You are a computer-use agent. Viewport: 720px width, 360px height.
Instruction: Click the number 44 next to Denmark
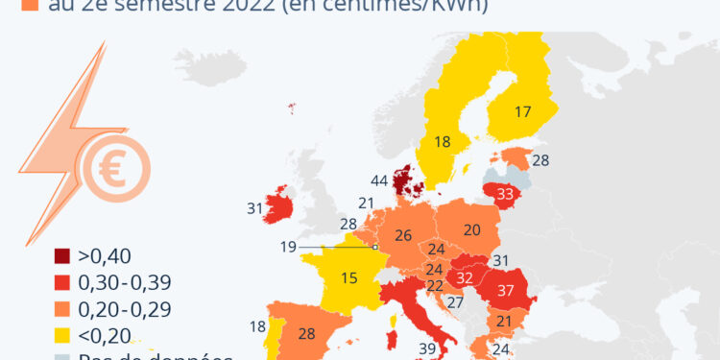pos(378,180)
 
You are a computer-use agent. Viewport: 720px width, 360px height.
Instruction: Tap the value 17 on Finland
pos(522,111)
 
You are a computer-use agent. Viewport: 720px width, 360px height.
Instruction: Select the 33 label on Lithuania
pos(505,193)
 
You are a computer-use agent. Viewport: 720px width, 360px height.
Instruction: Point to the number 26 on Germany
pos(403,235)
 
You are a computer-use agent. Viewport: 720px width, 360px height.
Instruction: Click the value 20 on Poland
pos(471,229)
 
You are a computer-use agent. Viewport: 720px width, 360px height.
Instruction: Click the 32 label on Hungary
pos(463,277)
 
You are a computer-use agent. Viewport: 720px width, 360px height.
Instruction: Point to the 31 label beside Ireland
pos(254,207)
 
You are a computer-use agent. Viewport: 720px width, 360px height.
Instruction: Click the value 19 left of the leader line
pos(288,247)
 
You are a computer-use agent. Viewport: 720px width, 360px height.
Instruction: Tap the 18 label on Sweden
pos(442,142)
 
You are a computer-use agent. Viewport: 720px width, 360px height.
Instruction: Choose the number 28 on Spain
pos(307,333)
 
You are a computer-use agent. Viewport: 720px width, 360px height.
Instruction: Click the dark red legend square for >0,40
pos(62,256)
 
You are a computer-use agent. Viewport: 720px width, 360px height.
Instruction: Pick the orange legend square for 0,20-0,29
pos(62,308)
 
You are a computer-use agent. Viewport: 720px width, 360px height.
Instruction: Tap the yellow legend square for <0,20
pos(62,334)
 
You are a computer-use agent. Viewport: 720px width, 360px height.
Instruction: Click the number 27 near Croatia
pos(455,302)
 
